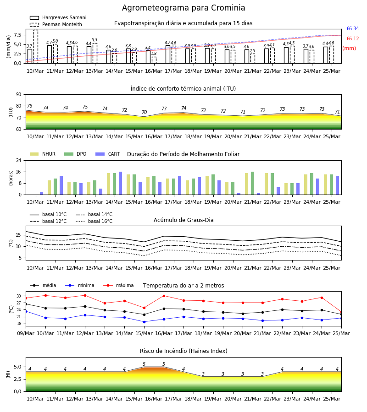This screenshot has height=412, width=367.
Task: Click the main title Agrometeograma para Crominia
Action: (x=183, y=8)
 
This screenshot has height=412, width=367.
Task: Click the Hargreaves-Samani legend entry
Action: (x=58, y=17)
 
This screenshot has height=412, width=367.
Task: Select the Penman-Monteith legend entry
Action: (x=56, y=24)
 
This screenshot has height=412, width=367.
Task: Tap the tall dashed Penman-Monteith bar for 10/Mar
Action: (x=35, y=47)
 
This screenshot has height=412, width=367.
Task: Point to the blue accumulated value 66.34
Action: (x=353, y=29)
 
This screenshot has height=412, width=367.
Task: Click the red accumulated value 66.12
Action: (x=353, y=38)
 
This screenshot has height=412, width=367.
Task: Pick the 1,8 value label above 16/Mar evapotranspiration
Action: (x=154, y=54)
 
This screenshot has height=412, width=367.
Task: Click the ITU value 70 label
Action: (x=144, y=112)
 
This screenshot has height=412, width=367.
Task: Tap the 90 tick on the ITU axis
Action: (x=19, y=95)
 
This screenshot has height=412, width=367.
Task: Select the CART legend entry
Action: (x=108, y=154)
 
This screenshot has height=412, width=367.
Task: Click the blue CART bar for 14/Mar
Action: (x=120, y=183)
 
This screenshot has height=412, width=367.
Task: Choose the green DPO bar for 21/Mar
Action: (x=252, y=183)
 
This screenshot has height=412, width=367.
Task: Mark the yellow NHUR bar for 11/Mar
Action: (x=49, y=188)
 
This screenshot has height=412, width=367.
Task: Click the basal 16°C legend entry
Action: (x=94, y=221)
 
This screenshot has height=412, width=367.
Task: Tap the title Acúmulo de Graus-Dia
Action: (x=183, y=220)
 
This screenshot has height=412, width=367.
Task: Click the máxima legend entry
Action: (x=118, y=285)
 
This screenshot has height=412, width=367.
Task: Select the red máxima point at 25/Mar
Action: (x=341, y=312)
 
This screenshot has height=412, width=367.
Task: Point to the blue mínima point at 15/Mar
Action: (x=144, y=322)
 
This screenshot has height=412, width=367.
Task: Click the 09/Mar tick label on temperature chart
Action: (x=26, y=333)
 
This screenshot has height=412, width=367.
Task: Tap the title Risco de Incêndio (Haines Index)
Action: (x=183, y=351)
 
